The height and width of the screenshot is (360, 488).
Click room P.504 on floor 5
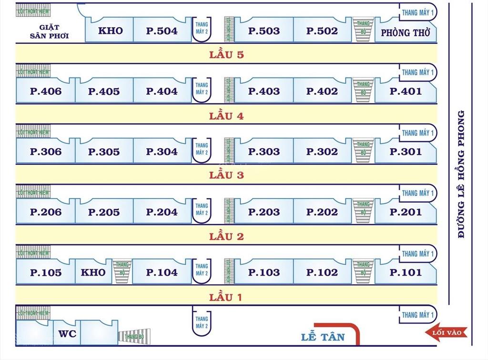[x=162, y=31]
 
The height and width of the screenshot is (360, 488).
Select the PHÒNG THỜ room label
[x=406, y=33]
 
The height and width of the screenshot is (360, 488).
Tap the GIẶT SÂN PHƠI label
[x=49, y=31]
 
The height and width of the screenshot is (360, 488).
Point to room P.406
[x=46, y=91]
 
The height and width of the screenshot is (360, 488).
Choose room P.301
[x=406, y=152]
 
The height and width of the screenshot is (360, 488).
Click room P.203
[x=264, y=212]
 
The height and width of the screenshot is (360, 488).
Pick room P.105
[x=46, y=273]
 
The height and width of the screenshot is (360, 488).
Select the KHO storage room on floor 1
[x=93, y=272]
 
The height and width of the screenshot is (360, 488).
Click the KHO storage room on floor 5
[x=110, y=31]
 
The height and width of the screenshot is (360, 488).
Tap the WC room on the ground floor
[x=67, y=334]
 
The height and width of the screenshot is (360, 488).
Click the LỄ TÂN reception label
[x=323, y=337]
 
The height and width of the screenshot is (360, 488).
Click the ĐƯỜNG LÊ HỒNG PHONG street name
[x=461, y=174]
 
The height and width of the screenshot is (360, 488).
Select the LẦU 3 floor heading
[x=226, y=175]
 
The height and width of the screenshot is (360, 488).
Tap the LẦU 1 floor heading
[x=226, y=298]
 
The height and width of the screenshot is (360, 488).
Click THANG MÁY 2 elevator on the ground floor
[x=202, y=322]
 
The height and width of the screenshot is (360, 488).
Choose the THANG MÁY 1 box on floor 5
[x=417, y=12]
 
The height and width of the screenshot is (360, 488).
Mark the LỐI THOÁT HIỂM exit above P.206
[x=33, y=192]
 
